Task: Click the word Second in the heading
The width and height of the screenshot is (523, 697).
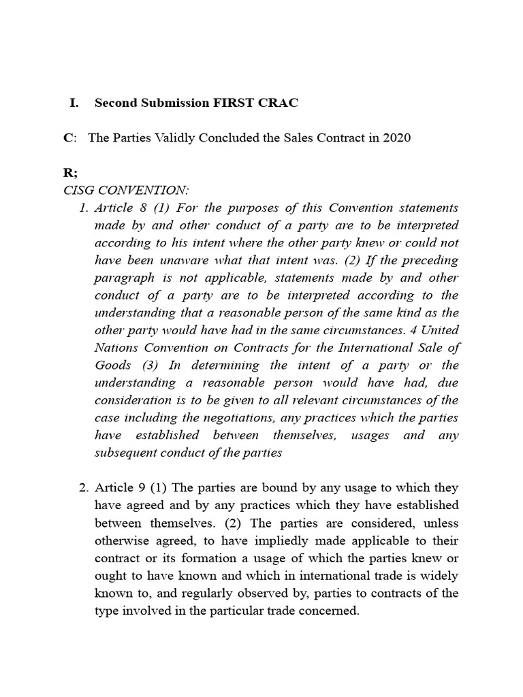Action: tap(117, 103)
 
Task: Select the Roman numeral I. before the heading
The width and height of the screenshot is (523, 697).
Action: tap(74, 103)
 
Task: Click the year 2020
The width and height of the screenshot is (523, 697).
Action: tap(397, 137)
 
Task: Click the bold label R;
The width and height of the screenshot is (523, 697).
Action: tap(69, 173)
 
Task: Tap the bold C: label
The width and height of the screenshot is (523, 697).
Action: tap(69, 137)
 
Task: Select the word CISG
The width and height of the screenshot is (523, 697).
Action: tap(78, 190)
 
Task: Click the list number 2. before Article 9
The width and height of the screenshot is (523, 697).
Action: tap(84, 488)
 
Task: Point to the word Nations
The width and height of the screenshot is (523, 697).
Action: tap(116, 347)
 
